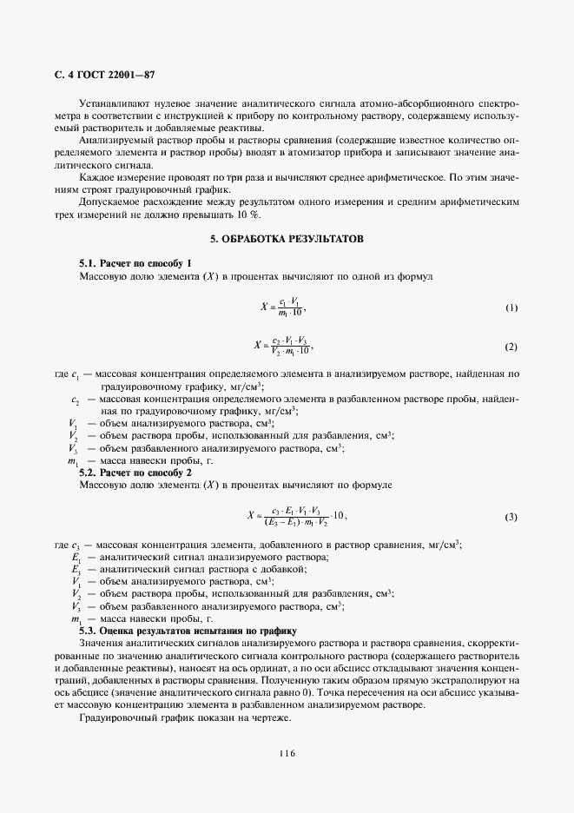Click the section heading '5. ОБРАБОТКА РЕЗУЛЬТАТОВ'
(287, 238)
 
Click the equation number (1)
(511, 308)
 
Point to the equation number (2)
(511, 347)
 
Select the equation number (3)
(511, 517)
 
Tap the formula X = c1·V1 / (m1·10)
(286, 308)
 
